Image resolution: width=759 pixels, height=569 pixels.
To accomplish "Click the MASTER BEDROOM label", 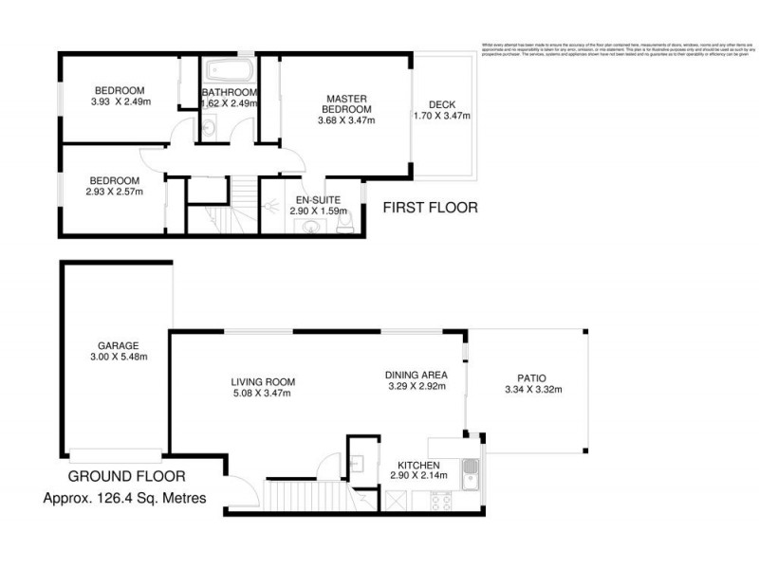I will (346, 103).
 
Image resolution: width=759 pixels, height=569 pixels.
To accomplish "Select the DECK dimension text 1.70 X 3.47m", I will (442, 117).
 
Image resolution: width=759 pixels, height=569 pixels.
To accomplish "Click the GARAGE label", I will (118, 345).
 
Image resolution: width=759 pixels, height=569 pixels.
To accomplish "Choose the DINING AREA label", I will (417, 375).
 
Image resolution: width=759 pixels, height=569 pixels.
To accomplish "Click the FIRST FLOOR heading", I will (430, 208).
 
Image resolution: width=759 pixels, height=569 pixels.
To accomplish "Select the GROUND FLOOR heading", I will (126, 476).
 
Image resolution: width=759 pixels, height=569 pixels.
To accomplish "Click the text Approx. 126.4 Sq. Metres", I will (126, 498).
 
